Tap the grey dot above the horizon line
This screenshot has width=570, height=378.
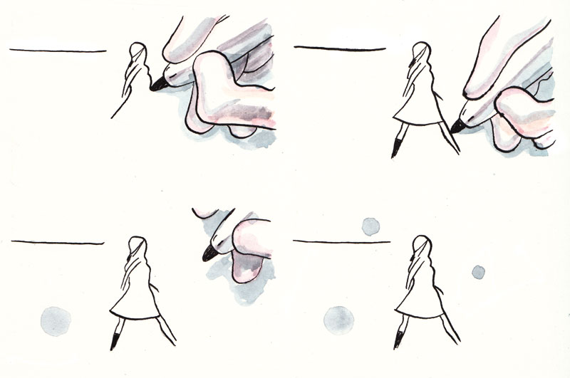[x=370, y=226]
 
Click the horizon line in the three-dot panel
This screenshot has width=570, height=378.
[x=342, y=242]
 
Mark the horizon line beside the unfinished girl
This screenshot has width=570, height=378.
[x=57, y=51]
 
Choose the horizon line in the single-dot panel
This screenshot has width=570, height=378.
[x=57, y=242]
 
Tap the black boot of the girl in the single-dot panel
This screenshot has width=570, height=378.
[x=115, y=340]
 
